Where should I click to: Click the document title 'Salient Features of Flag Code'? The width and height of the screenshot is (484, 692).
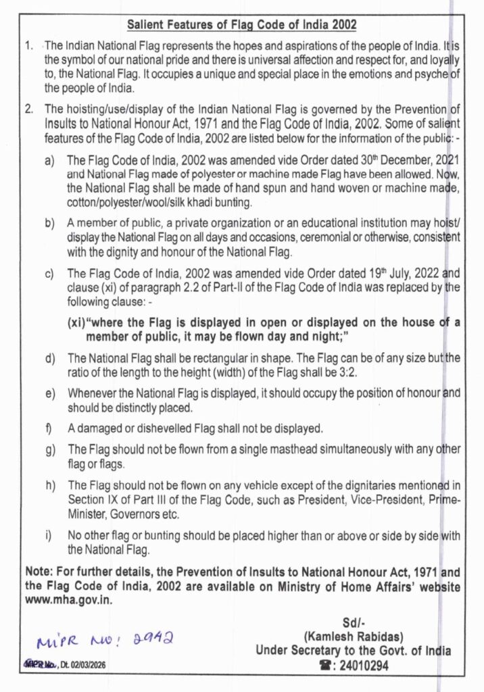tap(241, 26)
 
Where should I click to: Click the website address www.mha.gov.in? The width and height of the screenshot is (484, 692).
tap(69, 599)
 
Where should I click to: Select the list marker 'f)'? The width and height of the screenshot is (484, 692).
tap(49, 428)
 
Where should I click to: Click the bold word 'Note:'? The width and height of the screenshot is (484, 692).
tap(39, 573)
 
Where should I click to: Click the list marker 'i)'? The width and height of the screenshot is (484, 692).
tap(49, 536)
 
